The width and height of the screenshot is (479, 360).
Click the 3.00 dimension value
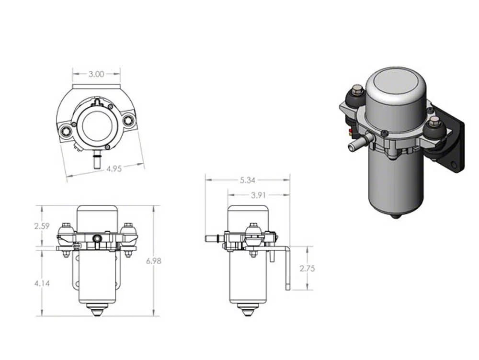point(96,74)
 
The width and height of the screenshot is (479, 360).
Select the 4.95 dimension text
point(113,169)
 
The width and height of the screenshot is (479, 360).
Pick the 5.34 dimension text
point(248,180)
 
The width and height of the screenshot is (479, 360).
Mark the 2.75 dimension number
point(307,269)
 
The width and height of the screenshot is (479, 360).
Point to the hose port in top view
point(96,160)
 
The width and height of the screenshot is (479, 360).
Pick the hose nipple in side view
point(212,238)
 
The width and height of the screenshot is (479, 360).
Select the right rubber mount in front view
point(128,235)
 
